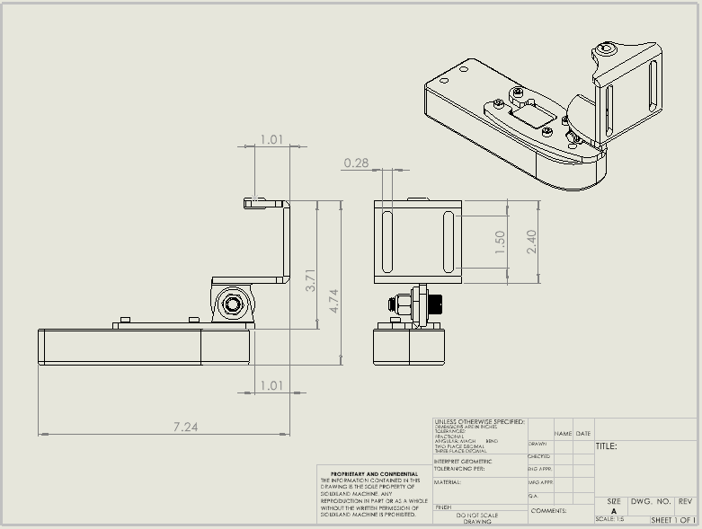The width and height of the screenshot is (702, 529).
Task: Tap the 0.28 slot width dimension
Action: click(x=356, y=163)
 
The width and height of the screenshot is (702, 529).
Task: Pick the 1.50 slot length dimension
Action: click(x=501, y=242)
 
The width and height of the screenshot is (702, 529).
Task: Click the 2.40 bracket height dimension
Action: click(x=531, y=241)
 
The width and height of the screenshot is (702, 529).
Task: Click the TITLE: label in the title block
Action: click(x=606, y=445)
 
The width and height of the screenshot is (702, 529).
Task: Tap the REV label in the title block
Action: click(x=686, y=501)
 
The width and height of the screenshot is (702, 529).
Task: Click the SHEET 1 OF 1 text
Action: click(x=673, y=520)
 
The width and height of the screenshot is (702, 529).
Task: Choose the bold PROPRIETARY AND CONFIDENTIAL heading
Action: click(x=374, y=473)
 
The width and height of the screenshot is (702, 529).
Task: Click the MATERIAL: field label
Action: click(x=448, y=482)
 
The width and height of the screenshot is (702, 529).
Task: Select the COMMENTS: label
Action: click(x=548, y=509)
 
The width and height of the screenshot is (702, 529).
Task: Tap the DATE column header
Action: click(x=583, y=434)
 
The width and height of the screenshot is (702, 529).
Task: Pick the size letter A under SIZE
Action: click(x=614, y=511)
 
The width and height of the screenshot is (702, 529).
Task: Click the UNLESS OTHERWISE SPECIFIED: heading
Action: click(x=478, y=421)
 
